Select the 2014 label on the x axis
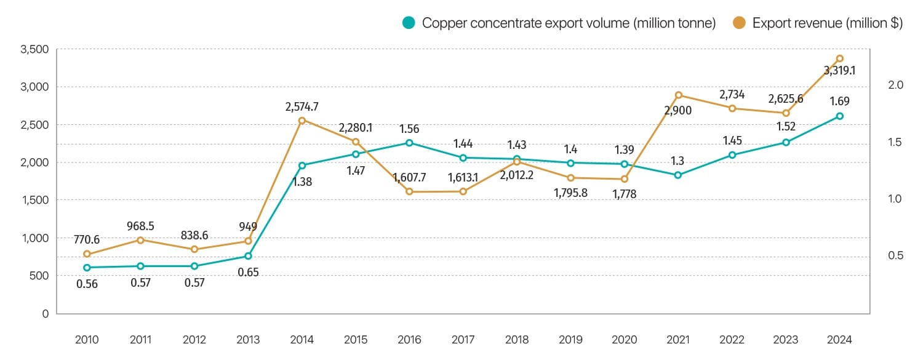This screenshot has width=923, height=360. pos(302,339)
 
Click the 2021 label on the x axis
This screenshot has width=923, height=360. pos(678,339)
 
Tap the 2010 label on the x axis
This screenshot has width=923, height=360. pos(87,339)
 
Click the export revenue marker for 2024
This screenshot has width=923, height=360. pos(839,58)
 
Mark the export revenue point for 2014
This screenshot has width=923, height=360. pos(302,121)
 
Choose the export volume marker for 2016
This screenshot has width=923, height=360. pos(409,143)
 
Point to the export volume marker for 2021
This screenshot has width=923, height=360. pos(678,175)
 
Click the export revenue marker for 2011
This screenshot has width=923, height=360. pos(140,240)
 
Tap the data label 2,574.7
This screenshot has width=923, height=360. pos(302,106)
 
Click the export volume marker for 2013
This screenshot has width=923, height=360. pos(248,256)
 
